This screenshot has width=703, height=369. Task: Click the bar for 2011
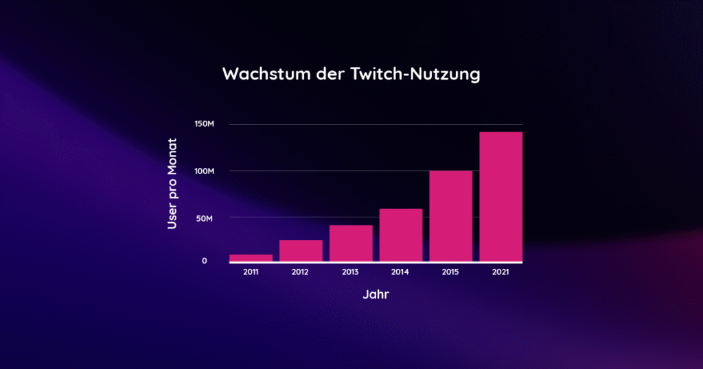251,258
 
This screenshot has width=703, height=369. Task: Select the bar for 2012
301,250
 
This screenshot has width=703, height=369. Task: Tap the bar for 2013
351,243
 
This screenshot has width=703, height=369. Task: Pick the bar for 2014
401,235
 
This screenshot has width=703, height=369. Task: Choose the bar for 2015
450,215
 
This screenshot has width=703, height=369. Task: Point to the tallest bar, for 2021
500,196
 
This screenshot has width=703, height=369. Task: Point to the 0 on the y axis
205,261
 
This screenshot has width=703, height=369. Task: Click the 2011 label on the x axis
251,272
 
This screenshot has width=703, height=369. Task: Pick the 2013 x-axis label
351,272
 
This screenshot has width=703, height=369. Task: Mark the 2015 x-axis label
450,272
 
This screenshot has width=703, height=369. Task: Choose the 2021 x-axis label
500,272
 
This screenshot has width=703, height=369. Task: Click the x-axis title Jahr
376,296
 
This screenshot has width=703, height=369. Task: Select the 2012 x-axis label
301,272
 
